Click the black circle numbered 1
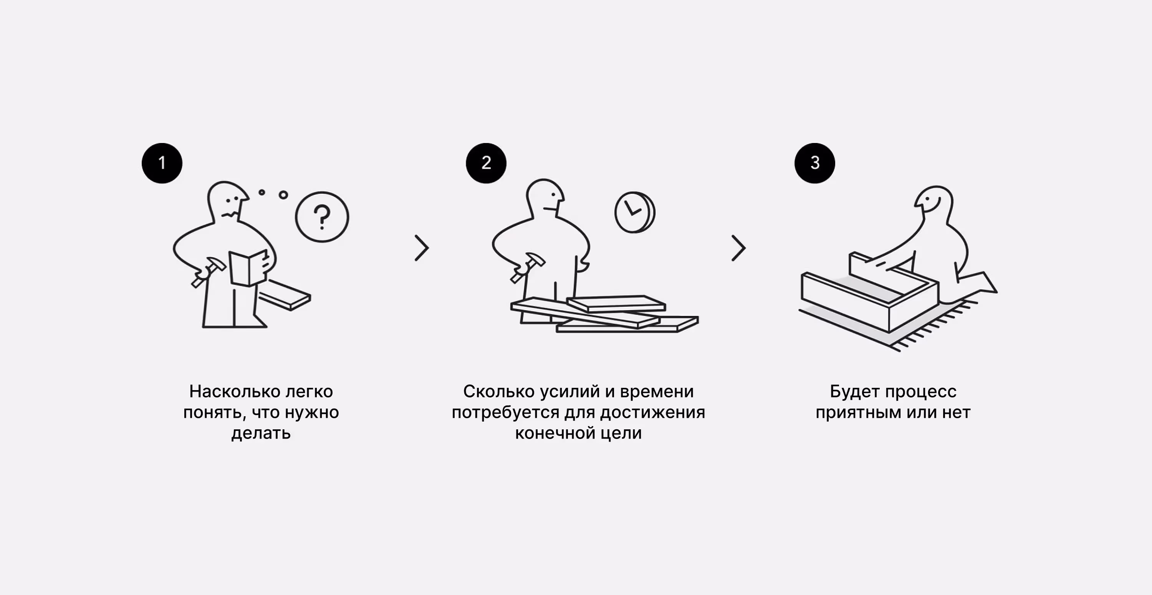point(162,163)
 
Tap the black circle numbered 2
point(486,163)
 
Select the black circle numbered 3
point(815,163)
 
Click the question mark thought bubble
point(322,217)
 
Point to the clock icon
point(635,212)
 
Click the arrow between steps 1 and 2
point(422,248)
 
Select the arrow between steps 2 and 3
point(739,248)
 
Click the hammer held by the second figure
point(528,267)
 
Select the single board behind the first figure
point(285,294)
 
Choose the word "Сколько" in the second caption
point(499,392)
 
